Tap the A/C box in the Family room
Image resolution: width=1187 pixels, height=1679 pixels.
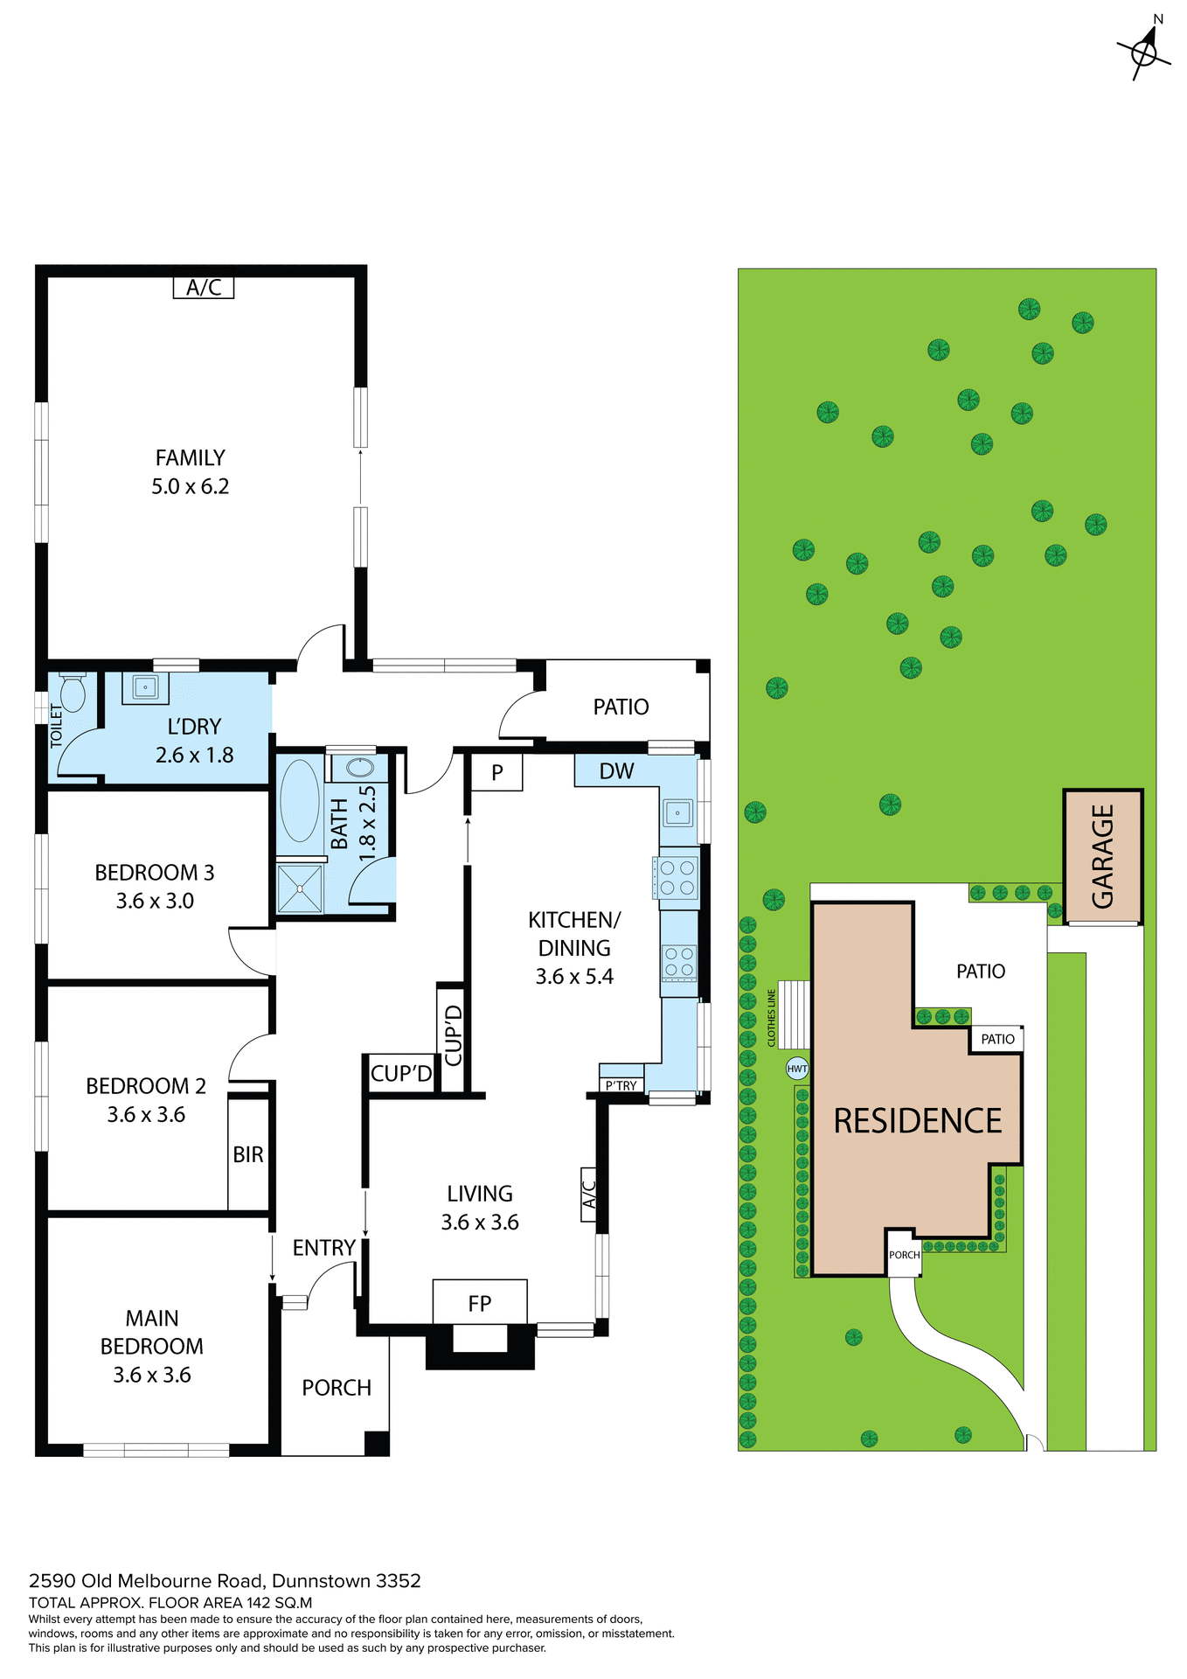click(204, 288)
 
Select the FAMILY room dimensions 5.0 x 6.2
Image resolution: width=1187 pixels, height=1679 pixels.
click(191, 486)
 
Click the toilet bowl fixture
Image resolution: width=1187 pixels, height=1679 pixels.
click(73, 694)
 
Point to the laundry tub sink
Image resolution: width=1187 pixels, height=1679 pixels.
click(145, 687)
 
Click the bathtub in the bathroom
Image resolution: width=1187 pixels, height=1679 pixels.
click(300, 800)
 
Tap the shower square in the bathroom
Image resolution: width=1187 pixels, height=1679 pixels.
click(300, 888)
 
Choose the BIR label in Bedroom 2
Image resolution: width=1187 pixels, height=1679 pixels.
click(248, 1154)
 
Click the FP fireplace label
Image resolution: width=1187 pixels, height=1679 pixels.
click(480, 1304)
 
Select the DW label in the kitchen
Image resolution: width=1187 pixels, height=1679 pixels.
click(616, 771)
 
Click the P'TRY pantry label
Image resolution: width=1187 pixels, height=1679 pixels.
click(621, 1085)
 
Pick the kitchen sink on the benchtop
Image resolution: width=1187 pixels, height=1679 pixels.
click(677, 813)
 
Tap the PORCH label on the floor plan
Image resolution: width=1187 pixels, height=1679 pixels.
click(337, 1388)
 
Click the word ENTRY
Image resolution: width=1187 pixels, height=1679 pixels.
click(323, 1248)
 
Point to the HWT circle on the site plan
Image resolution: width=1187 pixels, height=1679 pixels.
click(797, 1069)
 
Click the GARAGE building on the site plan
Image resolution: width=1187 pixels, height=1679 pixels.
click(1103, 857)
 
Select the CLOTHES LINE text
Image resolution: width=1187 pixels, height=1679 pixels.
click(771, 1018)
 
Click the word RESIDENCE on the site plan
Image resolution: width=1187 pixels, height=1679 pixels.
click(918, 1121)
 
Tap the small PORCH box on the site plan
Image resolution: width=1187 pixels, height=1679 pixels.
click(905, 1255)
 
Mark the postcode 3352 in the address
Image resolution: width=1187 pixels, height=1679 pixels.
click(399, 1581)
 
